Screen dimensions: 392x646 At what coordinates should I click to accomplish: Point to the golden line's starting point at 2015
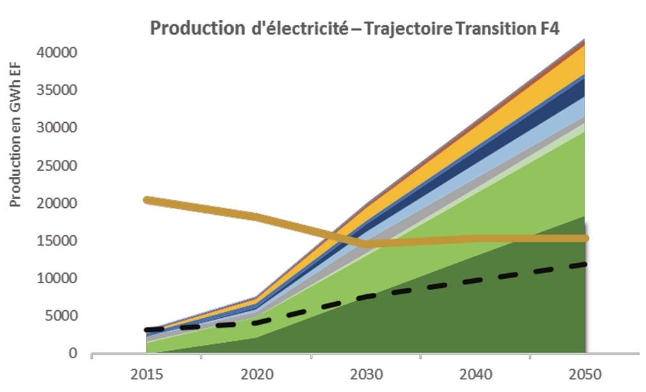click(x=147, y=200)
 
